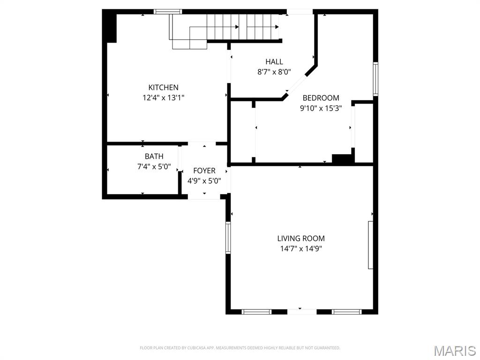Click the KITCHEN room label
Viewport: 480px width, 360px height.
163,88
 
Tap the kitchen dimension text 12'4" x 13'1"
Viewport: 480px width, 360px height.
163,97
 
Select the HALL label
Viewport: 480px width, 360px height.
274,62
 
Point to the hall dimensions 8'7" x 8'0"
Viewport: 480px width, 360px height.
274,72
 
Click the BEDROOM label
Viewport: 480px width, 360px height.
321,98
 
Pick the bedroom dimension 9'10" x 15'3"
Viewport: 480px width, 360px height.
321,108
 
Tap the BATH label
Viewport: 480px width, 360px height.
154,157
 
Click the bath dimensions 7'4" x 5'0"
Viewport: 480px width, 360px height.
154,167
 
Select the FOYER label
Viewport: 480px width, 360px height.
204,171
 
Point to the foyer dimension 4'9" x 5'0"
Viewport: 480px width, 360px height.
204,181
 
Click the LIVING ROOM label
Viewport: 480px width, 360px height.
301,238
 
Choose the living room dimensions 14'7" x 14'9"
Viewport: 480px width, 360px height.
301,248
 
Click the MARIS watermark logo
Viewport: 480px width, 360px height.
455,351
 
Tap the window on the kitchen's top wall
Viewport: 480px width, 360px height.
168,12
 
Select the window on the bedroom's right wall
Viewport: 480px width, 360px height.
375,79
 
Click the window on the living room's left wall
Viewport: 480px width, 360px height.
228,238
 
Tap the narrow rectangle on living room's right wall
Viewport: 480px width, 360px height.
370,245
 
